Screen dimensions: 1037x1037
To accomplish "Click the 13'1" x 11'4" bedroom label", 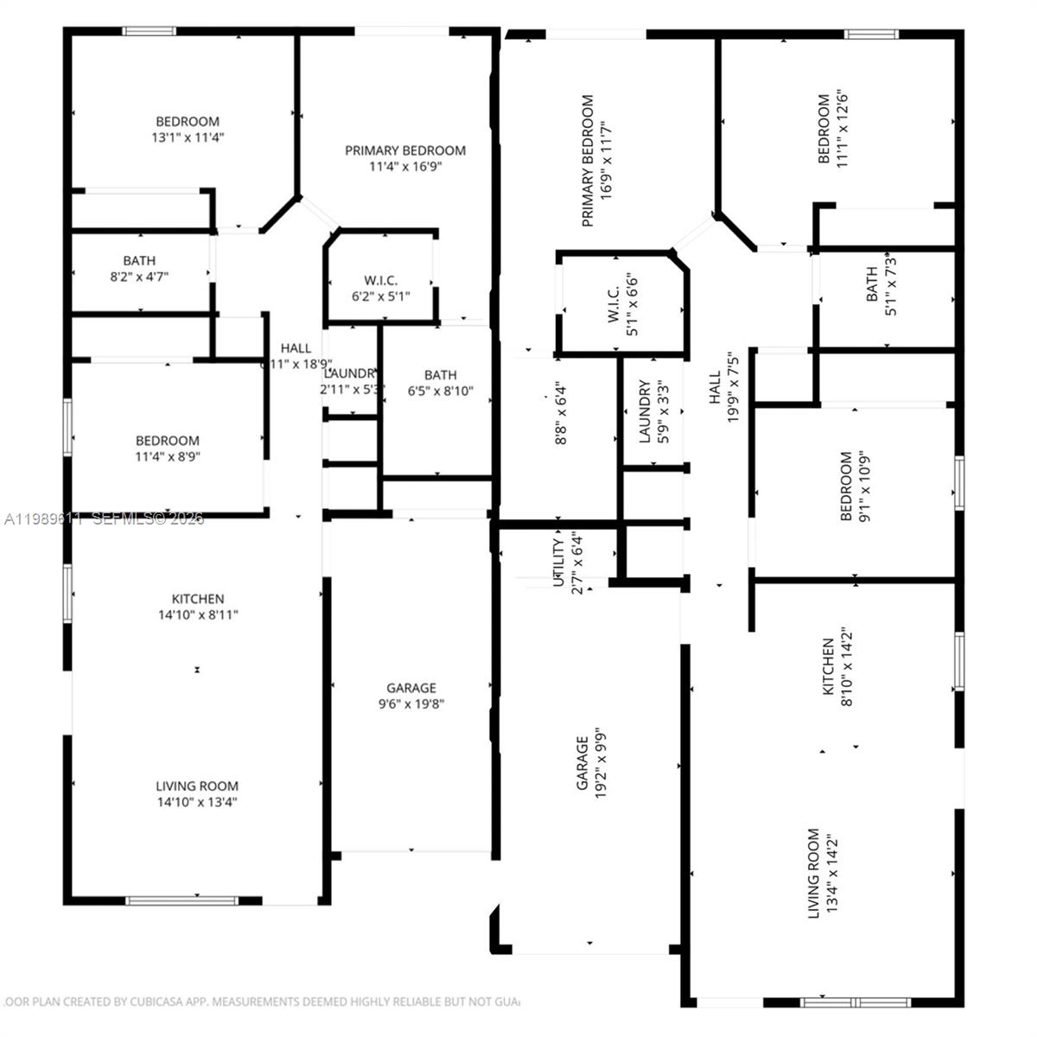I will (188, 130).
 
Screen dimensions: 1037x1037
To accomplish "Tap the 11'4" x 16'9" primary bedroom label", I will (405, 158).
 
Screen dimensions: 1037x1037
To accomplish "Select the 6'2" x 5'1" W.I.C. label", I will (380, 289).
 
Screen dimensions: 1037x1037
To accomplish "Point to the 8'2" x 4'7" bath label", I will (139, 268).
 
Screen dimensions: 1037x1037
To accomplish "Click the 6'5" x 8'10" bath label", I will (440, 383).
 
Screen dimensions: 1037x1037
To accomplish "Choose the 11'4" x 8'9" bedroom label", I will (167, 449).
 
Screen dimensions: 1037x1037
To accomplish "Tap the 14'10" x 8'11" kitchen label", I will (198, 607).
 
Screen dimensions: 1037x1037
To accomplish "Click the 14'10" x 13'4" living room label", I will (197, 794).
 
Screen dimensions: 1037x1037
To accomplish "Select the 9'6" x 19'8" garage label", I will (411, 696).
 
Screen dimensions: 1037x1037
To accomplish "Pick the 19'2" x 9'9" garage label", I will (590, 762).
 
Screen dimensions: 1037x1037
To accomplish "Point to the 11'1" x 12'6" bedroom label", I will (831, 129).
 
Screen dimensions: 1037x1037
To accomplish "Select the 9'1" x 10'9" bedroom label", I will (854, 487).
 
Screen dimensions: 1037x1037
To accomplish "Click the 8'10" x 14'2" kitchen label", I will (836, 672).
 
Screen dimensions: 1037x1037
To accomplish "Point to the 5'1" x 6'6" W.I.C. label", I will (621, 300).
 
